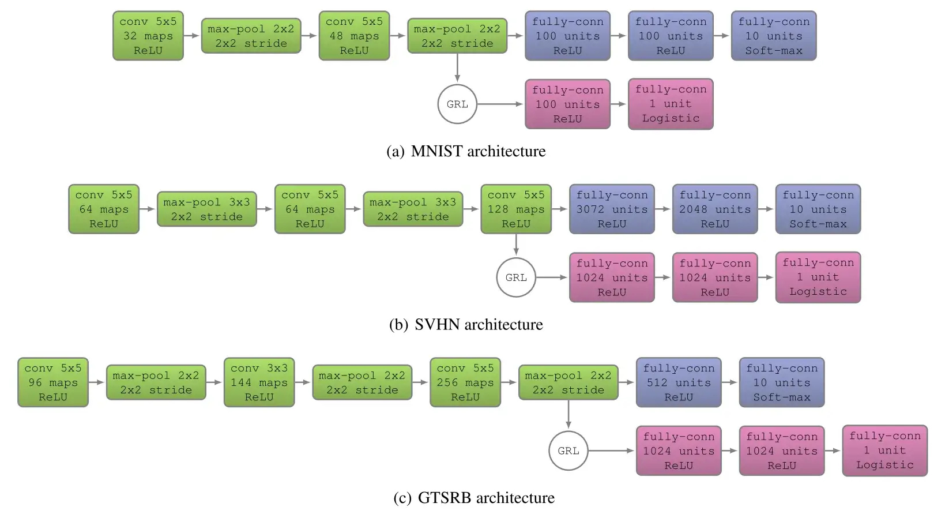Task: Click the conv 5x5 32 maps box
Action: click(148, 36)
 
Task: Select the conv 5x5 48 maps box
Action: click(354, 36)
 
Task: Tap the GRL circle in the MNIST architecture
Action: click(457, 104)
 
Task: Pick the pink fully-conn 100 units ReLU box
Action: click(567, 104)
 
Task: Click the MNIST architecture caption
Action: click(466, 151)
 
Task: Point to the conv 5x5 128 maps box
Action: click(516, 209)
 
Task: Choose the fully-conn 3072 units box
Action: click(612, 209)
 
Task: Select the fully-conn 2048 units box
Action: click(715, 209)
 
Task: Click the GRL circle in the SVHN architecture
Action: click(516, 277)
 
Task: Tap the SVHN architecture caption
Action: click(466, 324)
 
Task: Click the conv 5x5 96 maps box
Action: click(53, 382)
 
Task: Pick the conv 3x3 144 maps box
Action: click(259, 382)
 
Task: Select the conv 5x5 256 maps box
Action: click(465, 382)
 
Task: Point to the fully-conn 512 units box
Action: click(679, 382)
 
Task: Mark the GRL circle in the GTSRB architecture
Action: click(568, 451)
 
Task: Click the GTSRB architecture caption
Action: click(473, 497)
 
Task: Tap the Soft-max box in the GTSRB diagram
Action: click(782, 382)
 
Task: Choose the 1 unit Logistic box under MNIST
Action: click(671, 104)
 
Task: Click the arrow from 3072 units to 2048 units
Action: click(664, 209)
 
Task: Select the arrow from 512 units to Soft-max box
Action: click(731, 382)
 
